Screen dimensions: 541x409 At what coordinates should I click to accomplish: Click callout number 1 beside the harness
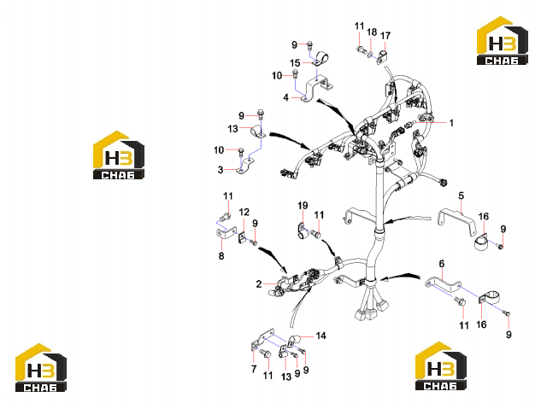pos(451,123)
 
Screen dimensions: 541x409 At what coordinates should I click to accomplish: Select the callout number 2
pos(259,284)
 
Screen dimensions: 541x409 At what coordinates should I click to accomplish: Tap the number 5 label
pos(462,196)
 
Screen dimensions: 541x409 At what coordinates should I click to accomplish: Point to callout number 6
pos(442,264)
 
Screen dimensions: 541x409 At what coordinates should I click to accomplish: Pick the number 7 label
pos(254,369)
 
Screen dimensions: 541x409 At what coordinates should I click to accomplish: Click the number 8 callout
pos(221,256)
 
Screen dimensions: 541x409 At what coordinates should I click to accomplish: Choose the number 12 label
pos(244,212)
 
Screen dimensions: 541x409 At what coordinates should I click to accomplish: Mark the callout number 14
pos(320,336)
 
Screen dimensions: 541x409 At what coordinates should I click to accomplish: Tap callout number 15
pos(295,63)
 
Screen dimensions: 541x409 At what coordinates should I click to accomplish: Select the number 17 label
pos(385,36)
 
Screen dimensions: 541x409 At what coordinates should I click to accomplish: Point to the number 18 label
pos(372,32)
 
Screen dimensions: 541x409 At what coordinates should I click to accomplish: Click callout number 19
pos(303,206)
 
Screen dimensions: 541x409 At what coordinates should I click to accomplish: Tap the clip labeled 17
pos(382,56)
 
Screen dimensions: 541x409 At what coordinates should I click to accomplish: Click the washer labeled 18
pos(370,54)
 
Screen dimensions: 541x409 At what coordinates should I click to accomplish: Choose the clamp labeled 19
pos(303,231)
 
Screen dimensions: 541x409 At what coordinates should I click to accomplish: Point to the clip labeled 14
pos(292,340)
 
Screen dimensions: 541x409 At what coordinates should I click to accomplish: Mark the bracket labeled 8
pos(226,232)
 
